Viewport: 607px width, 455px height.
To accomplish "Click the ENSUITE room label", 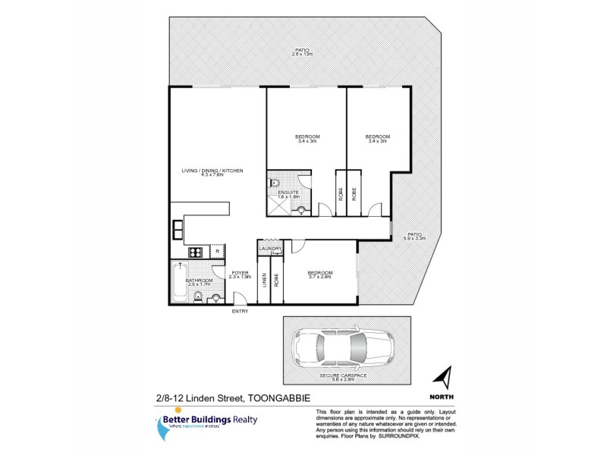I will click(x=289, y=193).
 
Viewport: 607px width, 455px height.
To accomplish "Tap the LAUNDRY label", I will click(x=271, y=248).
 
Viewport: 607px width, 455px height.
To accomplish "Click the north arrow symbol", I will click(x=445, y=376).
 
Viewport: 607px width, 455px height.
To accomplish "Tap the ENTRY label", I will click(x=240, y=311).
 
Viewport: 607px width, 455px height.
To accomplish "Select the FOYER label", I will click(x=240, y=271).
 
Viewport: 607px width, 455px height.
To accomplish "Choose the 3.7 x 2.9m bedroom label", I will click(x=319, y=275).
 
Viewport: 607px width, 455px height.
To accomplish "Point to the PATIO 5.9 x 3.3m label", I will click(x=414, y=236).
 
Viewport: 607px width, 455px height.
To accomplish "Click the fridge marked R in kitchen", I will click(x=216, y=251).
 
